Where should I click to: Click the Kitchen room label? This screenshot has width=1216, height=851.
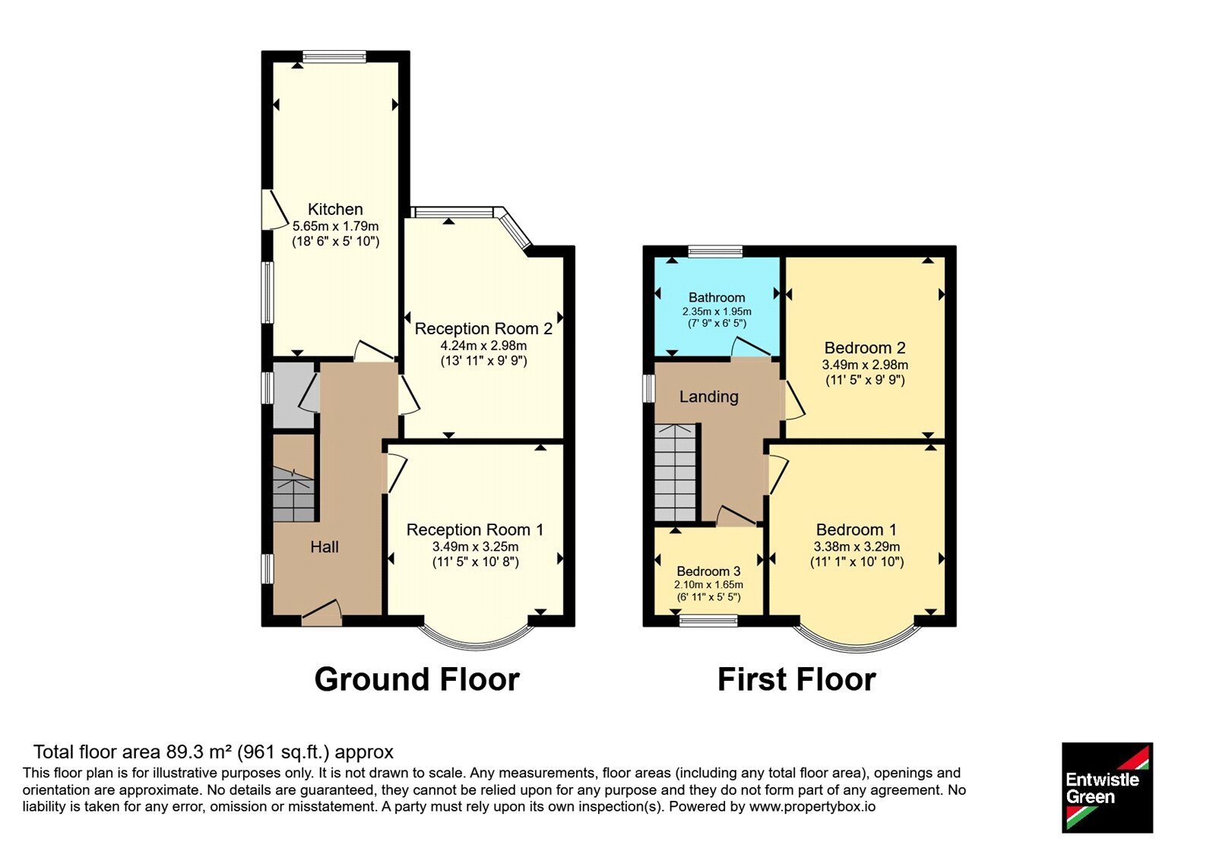[x=335, y=209]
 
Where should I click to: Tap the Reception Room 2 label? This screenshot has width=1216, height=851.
[x=483, y=328]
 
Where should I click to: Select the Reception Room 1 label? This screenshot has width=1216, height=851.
[x=475, y=529]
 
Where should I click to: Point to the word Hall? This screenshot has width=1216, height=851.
[x=324, y=546]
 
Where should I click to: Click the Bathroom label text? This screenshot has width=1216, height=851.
[x=717, y=297]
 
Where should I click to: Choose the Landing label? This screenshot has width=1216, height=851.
[x=709, y=397]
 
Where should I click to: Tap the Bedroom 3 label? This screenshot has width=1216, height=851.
[x=708, y=571]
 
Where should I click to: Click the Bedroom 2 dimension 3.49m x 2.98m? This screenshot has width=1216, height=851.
[x=865, y=365]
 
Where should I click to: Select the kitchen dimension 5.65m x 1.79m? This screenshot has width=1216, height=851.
[x=335, y=226]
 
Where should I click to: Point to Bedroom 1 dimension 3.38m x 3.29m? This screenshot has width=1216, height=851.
[x=857, y=546]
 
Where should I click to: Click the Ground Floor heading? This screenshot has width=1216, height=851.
[x=417, y=679]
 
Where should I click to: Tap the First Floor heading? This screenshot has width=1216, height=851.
[x=796, y=679]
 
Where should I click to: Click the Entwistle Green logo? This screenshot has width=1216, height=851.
[x=1107, y=787]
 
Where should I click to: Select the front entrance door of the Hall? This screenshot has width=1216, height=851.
[x=321, y=612]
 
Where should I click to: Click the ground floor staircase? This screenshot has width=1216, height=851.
[x=293, y=495]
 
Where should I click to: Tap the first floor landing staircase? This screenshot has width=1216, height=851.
[x=676, y=473]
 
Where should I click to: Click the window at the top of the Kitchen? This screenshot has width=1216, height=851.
[x=334, y=56]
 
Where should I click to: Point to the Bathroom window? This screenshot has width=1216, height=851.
[x=715, y=251]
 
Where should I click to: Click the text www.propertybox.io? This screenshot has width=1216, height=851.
[x=812, y=806]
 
